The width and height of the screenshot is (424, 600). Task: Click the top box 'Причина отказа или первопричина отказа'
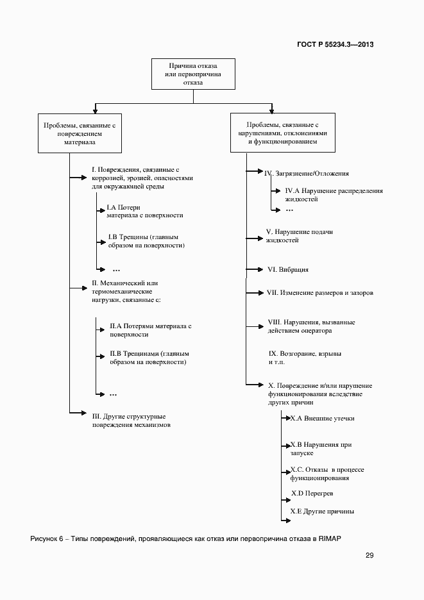pyautogui.click(x=192, y=74)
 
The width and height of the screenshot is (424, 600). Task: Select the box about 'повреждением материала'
pyautogui.click(x=79, y=135)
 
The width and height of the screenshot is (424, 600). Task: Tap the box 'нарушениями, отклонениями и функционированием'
pyautogui.click(x=282, y=133)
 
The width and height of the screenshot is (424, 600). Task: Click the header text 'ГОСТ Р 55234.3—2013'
pyautogui.click(x=335, y=44)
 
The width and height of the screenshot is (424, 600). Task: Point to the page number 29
pyautogui.click(x=369, y=555)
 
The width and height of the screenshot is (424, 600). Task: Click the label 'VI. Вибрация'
pyautogui.click(x=288, y=270)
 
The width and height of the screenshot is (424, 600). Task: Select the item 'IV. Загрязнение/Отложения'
pyautogui.click(x=307, y=173)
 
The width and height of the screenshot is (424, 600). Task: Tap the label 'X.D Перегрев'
pyautogui.click(x=312, y=494)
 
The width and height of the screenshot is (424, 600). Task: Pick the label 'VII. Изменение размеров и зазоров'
pyautogui.click(x=319, y=293)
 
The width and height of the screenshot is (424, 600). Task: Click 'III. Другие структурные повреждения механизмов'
pyautogui.click(x=131, y=421)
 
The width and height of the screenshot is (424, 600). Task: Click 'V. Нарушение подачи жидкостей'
pyautogui.click(x=299, y=236)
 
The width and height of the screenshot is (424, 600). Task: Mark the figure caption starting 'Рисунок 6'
pyautogui.click(x=186, y=538)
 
